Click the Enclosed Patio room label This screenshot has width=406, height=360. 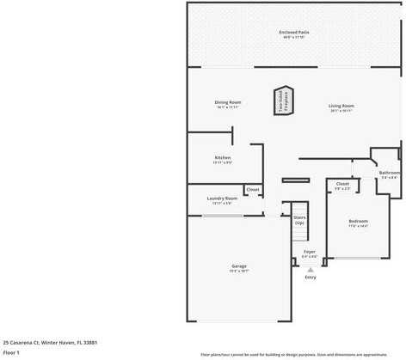[x=293, y=33]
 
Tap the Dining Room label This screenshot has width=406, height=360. [x=228, y=103]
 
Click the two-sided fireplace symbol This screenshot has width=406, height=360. [x=283, y=100]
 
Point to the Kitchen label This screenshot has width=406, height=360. [x=223, y=157]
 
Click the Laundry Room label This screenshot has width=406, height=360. [x=222, y=198]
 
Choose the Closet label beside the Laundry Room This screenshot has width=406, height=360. [x=253, y=189]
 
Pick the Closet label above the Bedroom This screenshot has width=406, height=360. [x=342, y=184]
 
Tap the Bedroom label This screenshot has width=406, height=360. [x=358, y=222]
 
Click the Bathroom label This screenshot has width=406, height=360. [x=390, y=173]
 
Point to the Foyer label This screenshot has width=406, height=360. [x=310, y=252]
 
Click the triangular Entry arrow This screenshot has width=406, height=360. [x=311, y=269]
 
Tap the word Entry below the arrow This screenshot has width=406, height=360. [x=311, y=277]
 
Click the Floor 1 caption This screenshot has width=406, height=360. [x=11, y=352]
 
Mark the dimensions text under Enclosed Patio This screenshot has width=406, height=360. [x=293, y=38]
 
